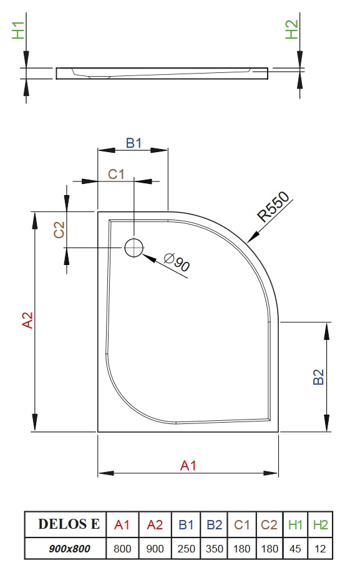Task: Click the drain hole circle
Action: [134, 239]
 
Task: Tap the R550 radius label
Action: [274, 206]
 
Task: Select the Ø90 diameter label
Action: [177, 262]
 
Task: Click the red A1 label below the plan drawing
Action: [188, 466]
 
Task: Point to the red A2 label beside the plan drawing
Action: [27, 320]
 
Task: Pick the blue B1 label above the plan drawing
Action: [134, 143]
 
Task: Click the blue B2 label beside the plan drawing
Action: [318, 377]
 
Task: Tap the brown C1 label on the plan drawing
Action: [116, 174]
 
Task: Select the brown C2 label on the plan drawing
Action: [59, 230]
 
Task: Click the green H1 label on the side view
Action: [18, 30]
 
